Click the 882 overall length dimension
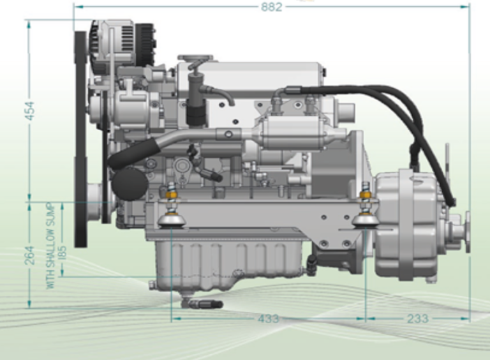click(x=272, y=7)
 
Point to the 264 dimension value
click(x=29, y=255)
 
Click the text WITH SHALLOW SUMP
click(x=50, y=246)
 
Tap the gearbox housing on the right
click(x=405, y=223)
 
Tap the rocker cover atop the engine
click(x=255, y=77)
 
